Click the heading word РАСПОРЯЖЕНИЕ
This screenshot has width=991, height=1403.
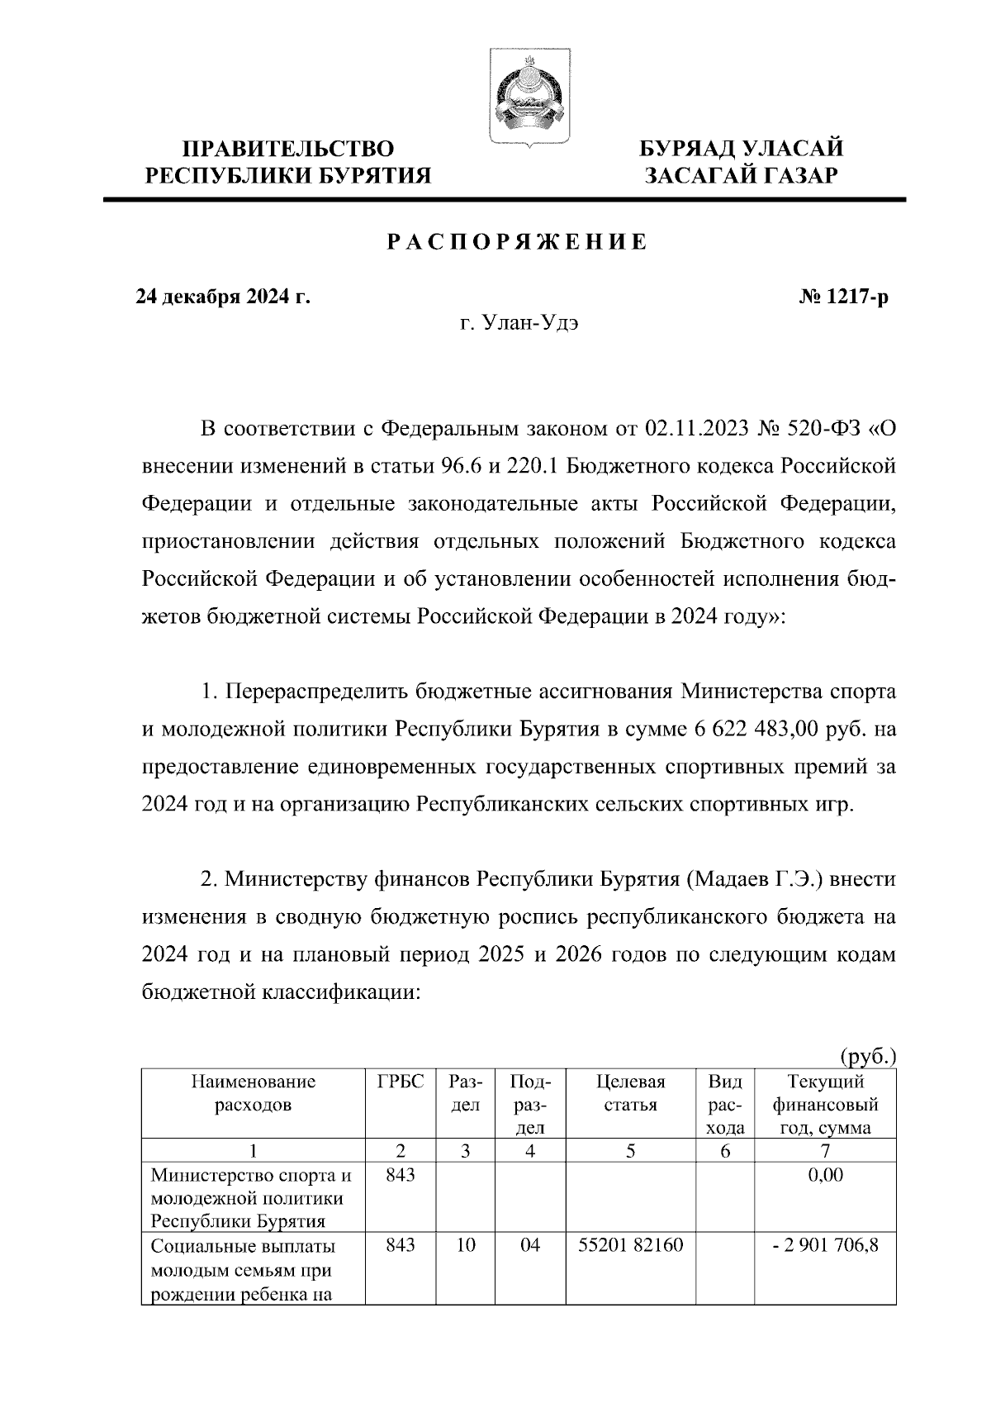tap(518, 243)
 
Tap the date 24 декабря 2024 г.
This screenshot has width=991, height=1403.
tap(223, 296)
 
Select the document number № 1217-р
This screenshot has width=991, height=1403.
tap(839, 296)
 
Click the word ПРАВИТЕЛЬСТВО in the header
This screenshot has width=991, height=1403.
tap(288, 150)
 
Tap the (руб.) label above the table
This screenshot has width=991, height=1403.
tap(867, 1055)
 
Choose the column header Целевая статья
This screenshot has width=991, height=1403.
tap(630, 1093)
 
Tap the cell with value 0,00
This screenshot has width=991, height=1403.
tap(826, 1174)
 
